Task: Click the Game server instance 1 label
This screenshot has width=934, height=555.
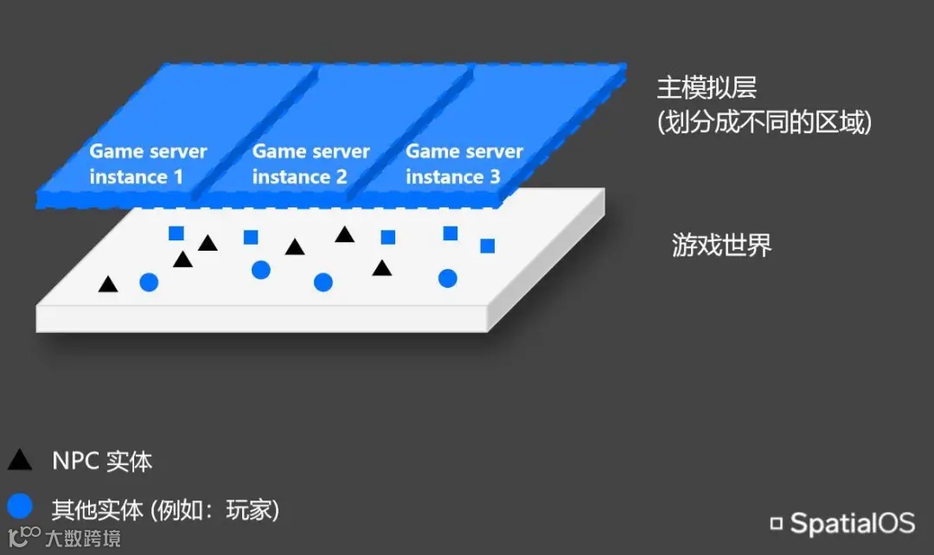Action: click(x=148, y=164)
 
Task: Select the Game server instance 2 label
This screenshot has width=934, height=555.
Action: click(x=310, y=164)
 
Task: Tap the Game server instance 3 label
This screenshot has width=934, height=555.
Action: click(x=464, y=164)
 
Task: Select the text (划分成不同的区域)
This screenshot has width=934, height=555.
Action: click(x=764, y=123)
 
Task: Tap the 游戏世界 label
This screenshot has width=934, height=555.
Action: click(x=721, y=246)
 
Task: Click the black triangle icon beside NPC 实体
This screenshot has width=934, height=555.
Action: click(x=20, y=460)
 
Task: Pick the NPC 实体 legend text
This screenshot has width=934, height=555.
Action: click(x=102, y=461)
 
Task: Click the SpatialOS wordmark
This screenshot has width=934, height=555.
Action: click(x=852, y=523)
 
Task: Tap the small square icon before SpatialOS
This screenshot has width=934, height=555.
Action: click(x=777, y=523)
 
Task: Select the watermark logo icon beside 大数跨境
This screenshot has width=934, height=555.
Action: click(x=22, y=536)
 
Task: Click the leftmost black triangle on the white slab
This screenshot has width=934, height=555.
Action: click(x=108, y=284)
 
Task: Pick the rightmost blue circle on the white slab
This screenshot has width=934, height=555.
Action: click(x=447, y=278)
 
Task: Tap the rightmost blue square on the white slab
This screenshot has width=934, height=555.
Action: click(x=488, y=246)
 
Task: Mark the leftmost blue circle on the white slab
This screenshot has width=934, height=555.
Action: click(x=149, y=282)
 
